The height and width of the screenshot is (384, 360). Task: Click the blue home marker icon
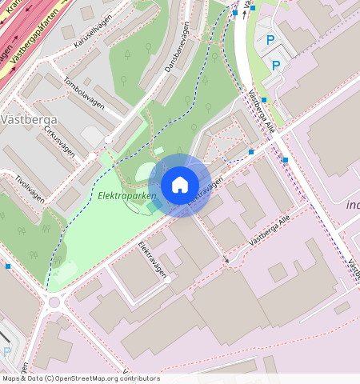(180, 185)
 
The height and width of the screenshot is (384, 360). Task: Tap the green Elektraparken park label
(126, 195)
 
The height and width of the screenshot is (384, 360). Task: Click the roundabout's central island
(54, 302)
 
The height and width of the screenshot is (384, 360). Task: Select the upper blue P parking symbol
(270, 40)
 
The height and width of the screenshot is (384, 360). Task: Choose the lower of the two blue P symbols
(276, 65)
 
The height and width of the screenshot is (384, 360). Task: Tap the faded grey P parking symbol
(7, 351)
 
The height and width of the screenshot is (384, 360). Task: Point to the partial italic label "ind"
(352, 205)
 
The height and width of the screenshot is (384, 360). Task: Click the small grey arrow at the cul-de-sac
(226, 260)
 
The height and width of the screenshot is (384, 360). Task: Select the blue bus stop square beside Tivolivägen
(8, 266)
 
